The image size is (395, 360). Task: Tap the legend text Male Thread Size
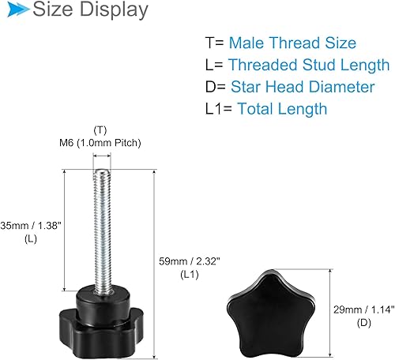point(292,43)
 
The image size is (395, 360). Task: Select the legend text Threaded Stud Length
point(308,65)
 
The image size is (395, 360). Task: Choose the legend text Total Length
point(281,109)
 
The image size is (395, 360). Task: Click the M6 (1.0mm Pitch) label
point(101,142)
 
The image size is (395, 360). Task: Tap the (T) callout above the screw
point(100,129)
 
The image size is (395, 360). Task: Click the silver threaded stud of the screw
point(101,221)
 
